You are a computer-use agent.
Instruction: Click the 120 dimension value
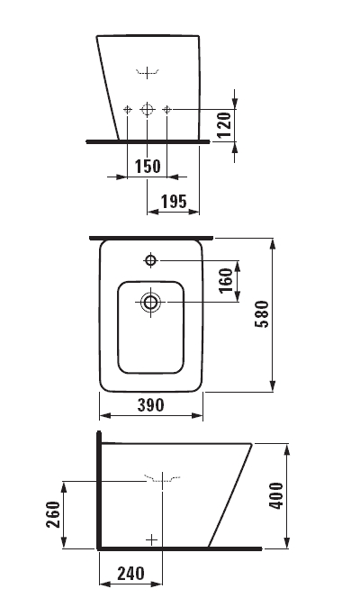pyautogui.click(x=224, y=124)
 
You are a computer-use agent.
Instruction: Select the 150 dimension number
pyautogui.click(x=148, y=167)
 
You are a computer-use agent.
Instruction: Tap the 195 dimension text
pyautogui.click(x=174, y=202)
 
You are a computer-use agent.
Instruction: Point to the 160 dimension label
pyautogui.click(x=226, y=280)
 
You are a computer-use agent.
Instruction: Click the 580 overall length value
pyautogui.click(x=262, y=314)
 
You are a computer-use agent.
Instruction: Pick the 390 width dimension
pyautogui.click(x=151, y=405)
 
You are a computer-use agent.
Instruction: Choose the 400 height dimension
pyautogui.click(x=276, y=495)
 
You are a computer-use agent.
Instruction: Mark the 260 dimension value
pyautogui.click(x=53, y=514)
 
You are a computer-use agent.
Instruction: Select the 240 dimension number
pyautogui.click(x=130, y=574)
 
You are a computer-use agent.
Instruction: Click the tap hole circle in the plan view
pyautogui.click(x=151, y=260)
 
